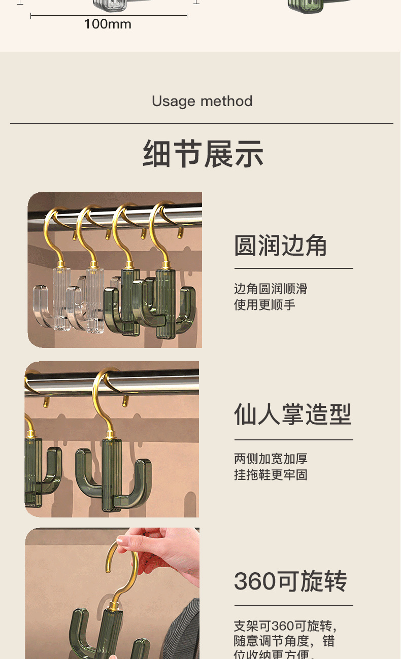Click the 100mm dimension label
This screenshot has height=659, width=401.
[x=108, y=24]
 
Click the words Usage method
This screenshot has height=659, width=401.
[x=202, y=101]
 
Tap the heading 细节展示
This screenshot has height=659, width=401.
[x=203, y=154]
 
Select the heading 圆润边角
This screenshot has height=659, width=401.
[x=280, y=246]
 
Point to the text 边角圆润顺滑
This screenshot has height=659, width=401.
[x=271, y=289]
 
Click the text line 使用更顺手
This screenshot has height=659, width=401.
[x=264, y=304]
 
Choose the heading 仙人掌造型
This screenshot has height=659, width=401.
[x=292, y=414]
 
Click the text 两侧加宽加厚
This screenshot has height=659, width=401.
[x=271, y=459]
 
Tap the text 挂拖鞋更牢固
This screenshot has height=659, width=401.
[x=271, y=475]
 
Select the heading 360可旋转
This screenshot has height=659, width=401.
[x=290, y=581]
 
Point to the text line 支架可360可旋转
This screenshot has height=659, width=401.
[x=285, y=625]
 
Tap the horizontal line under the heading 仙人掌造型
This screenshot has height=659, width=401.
[x=293, y=440]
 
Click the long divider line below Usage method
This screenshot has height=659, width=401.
[x=202, y=123]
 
